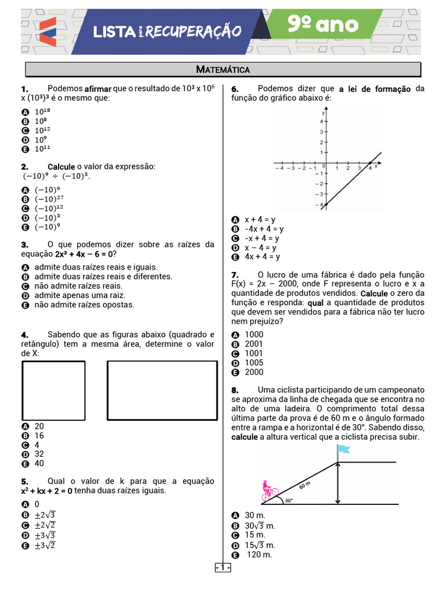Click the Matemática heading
tap(223, 70)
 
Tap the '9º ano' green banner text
tap(323, 25)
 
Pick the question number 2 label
tap(25, 167)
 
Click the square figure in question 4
tap(53, 390)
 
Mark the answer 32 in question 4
tap(39, 454)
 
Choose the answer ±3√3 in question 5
tap(45, 535)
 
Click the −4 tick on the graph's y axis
tap(320, 205)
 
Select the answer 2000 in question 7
tap(254, 372)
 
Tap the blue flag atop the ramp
tap(343, 449)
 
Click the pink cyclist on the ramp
tap(268, 491)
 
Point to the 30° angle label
tap(289, 500)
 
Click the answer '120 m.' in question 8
tap(259, 554)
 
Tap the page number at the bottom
tap(223, 567)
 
